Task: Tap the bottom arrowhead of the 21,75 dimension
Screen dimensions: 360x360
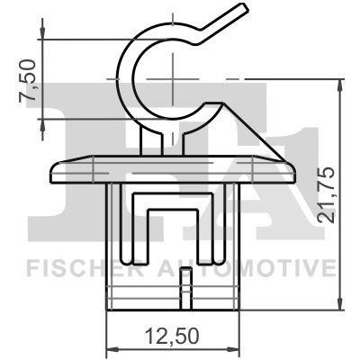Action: (340, 306)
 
